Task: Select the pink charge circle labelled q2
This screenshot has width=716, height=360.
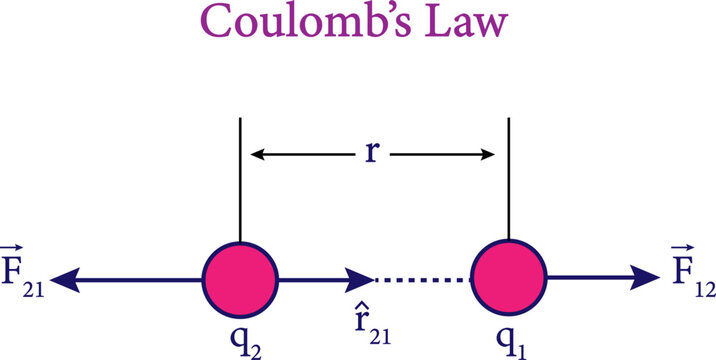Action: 240,280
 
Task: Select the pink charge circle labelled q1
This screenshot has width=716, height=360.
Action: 509,280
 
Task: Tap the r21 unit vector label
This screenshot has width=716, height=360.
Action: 375,323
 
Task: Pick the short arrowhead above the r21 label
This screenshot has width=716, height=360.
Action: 360,281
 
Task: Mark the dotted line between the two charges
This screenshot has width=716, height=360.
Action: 421,281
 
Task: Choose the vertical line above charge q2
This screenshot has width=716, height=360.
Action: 240,180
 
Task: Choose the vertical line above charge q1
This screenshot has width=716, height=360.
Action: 509,180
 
